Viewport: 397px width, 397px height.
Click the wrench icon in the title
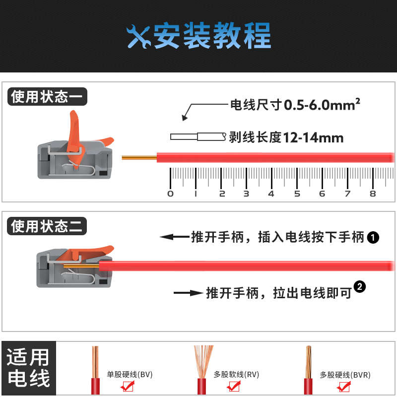[x=139, y=36]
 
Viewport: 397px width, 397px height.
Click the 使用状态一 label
[x=47, y=96]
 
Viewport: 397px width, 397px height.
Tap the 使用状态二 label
[x=47, y=227]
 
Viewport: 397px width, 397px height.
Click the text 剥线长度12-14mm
[x=286, y=137]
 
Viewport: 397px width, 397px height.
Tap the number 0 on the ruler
[x=171, y=194]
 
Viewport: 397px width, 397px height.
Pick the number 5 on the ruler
[x=297, y=194]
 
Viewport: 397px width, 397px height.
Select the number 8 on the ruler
[x=373, y=194]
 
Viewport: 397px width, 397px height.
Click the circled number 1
[x=373, y=238]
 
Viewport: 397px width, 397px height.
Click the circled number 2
[x=361, y=286]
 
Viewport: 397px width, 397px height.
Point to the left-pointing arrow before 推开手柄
[x=174, y=237]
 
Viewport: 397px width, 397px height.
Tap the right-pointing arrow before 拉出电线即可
[x=188, y=293]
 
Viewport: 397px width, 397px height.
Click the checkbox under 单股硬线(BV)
[x=128, y=386]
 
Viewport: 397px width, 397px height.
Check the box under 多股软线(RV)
[x=234, y=386]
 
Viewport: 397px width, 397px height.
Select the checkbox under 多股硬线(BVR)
[x=341, y=386]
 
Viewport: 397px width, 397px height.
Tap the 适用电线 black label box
[x=28, y=368]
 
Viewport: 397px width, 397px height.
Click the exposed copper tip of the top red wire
[x=139, y=158]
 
